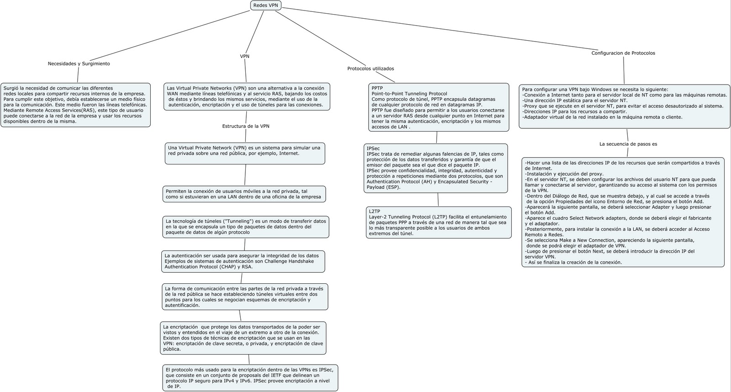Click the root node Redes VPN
click(265, 5)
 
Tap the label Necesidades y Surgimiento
click(79, 64)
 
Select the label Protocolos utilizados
click(371, 69)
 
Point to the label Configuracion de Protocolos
click(623, 53)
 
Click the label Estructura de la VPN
click(246, 126)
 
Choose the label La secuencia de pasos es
click(628, 144)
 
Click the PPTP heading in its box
click(377, 88)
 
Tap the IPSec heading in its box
click(373, 148)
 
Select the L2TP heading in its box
click(374, 212)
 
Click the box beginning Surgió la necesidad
click(75, 105)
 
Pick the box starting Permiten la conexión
click(244, 194)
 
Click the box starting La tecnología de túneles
click(246, 227)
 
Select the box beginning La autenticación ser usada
click(243, 261)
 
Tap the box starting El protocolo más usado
click(250, 378)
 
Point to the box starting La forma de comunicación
click(245, 297)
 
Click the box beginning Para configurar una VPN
click(625, 106)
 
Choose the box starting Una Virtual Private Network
click(245, 154)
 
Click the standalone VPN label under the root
click(245, 56)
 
